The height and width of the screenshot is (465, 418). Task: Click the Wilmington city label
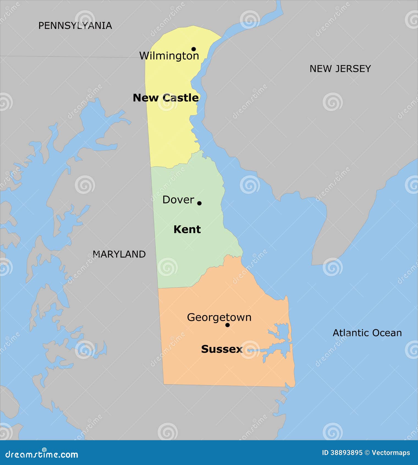pos(169,56)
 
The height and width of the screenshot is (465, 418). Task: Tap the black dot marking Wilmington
pos(194,49)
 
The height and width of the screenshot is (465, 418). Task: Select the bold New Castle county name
pos(166,98)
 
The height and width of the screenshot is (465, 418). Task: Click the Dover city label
pos(178,200)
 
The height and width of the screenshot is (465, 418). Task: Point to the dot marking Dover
pos(199,203)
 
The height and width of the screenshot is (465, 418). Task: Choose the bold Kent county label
pos(187,229)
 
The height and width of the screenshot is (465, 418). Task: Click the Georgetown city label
pos(219,318)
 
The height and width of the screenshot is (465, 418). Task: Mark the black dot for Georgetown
pos(227,325)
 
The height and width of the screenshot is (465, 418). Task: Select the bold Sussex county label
pos(222,349)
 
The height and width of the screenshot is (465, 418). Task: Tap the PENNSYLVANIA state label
pos(75,26)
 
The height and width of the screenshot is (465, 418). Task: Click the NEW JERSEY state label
pos(340,69)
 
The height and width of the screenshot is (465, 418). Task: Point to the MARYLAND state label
pos(119,254)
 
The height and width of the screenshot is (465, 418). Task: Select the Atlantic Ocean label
pos(367,333)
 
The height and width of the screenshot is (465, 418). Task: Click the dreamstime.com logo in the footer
pos(42,454)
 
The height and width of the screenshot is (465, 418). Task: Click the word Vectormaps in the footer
pos(391,453)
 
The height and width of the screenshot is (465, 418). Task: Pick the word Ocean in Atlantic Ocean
pos(387,333)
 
